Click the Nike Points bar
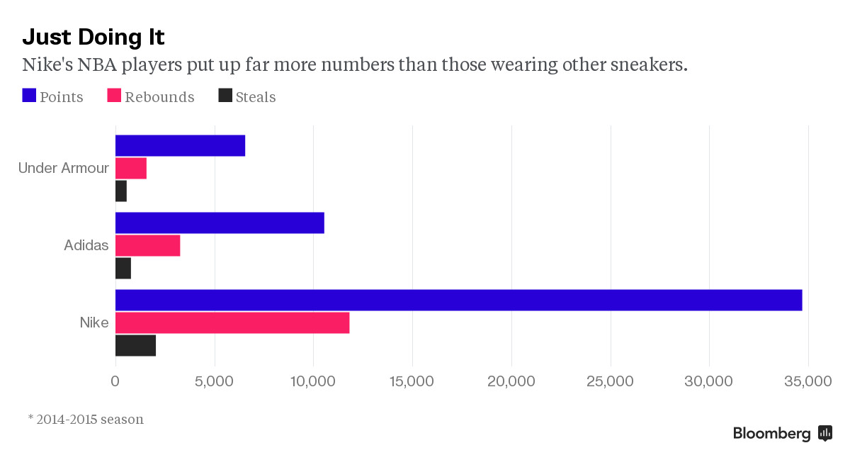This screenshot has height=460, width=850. click(458, 300)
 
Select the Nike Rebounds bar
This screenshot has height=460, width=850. click(232, 322)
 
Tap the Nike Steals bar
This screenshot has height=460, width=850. click(135, 346)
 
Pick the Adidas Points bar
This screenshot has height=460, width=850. click(220, 223)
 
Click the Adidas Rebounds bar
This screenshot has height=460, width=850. click(147, 245)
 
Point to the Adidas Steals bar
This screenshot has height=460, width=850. click(123, 269)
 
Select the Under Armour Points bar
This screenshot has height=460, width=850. click(180, 145)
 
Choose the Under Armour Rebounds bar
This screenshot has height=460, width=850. click(131, 168)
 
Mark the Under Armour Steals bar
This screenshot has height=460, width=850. click(121, 191)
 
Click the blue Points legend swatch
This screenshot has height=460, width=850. click(29, 96)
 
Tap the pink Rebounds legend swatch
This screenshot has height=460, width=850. click(114, 96)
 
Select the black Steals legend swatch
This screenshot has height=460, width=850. click(225, 96)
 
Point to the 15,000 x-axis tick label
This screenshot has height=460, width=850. click(412, 381)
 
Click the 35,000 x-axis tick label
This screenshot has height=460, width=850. click(808, 381)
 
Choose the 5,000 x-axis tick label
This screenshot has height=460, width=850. click(214, 381)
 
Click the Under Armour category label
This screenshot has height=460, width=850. click(64, 168)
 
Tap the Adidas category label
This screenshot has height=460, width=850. click(86, 245)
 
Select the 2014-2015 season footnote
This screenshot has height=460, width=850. click(86, 419)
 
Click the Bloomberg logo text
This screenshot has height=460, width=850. click(771, 434)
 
